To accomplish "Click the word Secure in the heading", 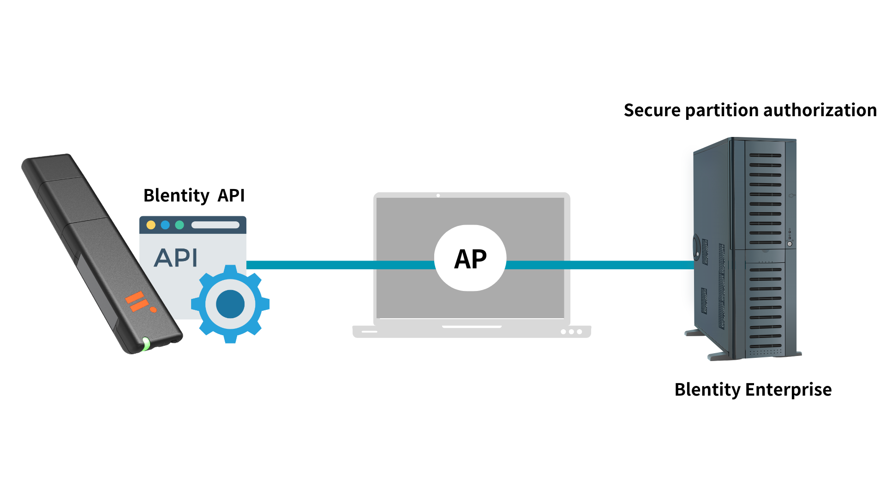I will click(652, 111).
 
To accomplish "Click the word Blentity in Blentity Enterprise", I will click(707, 390).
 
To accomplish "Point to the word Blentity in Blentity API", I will click(176, 196).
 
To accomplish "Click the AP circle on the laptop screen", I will click(470, 258).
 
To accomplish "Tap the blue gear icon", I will click(230, 304).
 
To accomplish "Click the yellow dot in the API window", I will click(151, 225).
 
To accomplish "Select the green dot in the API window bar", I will click(180, 225).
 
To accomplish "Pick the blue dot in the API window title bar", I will click(165, 225).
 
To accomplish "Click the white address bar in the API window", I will click(216, 225).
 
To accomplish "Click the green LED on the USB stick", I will click(146, 344).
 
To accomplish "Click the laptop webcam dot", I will click(438, 196).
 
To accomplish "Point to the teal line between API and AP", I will click(340, 265).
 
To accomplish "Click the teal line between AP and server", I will click(600, 265).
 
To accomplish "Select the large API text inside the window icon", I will click(176, 258).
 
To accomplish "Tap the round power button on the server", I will click(790, 244).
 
